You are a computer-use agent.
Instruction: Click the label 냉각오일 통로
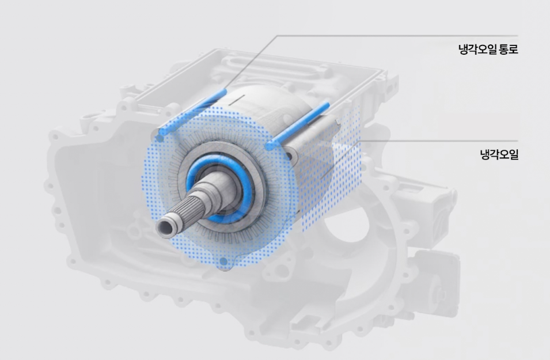coord(488,49)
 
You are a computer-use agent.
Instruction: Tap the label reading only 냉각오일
coord(499,154)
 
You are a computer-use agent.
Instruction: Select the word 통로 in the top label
coord(509,49)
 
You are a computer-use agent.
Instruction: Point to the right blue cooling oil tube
coord(298,126)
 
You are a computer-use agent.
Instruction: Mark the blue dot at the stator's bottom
coord(223,262)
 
